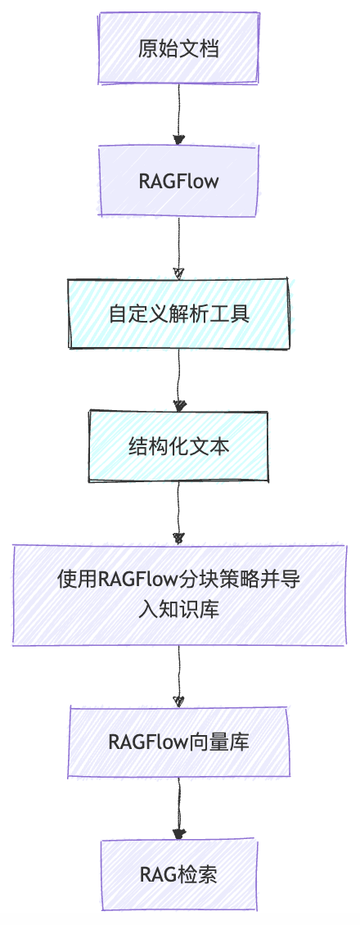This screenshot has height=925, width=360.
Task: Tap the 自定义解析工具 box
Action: coord(178,314)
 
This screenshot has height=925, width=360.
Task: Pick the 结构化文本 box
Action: coord(178,447)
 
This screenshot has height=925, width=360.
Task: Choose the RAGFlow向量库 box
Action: coord(178,742)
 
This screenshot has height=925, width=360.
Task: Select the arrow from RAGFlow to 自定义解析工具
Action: coord(178,246)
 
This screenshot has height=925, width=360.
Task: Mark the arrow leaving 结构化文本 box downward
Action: coord(178,511)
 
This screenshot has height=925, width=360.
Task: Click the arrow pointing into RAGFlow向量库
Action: coord(178,675)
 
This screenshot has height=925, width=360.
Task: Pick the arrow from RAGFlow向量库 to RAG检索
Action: coord(178,808)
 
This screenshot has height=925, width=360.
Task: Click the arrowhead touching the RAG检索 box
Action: coord(178,834)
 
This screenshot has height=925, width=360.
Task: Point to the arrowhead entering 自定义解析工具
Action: coord(178,273)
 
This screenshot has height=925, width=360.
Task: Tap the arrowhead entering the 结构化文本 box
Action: coord(178,405)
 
